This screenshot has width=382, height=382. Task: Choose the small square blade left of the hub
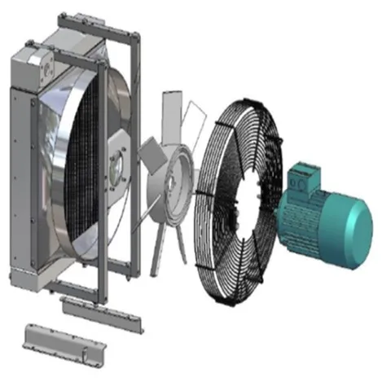(x=149, y=151)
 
